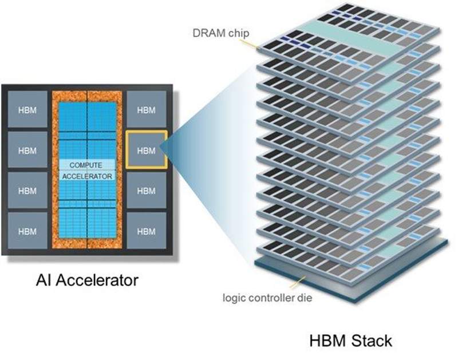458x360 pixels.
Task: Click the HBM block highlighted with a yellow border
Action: point(147,150)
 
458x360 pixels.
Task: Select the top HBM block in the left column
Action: point(27,109)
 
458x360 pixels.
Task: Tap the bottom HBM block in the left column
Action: point(27,231)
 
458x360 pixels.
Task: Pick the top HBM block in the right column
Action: point(147,109)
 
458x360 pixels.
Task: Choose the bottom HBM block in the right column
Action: point(147,231)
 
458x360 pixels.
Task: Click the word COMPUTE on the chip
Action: point(85,165)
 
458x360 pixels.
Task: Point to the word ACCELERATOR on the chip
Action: point(87,176)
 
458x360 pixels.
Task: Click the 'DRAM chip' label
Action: point(221,33)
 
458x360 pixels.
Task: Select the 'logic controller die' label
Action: point(267,298)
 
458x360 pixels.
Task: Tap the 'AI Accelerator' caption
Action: point(87,280)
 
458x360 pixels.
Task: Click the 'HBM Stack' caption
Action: point(350,341)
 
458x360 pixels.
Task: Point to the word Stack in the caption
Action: point(372,341)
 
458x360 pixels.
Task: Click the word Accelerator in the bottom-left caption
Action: point(97,280)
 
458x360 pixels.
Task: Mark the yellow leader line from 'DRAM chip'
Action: point(250,43)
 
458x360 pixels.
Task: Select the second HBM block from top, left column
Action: point(27,150)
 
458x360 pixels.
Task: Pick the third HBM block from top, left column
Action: point(27,190)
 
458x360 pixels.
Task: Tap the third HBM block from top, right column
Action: point(147,190)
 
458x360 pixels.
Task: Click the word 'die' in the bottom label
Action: point(305,298)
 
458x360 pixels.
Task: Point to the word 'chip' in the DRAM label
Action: point(239,33)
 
